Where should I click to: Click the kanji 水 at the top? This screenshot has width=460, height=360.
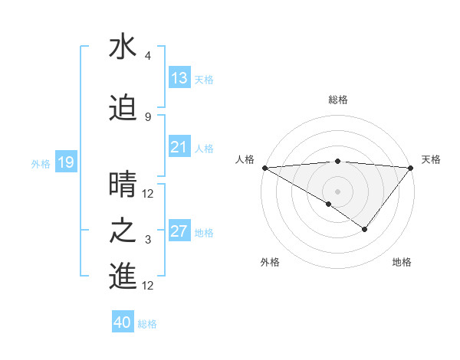123,47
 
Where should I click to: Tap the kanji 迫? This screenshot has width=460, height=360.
123,108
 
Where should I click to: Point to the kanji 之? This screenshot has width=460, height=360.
123,231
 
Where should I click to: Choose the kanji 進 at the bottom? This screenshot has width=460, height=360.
123,277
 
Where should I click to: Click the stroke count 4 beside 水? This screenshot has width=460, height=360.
147,56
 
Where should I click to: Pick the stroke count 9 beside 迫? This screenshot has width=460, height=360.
147,116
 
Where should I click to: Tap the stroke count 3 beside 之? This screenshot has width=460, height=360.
147,240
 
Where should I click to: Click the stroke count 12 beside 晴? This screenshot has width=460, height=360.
149,194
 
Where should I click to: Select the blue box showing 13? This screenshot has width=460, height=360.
179,78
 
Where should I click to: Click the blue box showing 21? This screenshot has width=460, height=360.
179,147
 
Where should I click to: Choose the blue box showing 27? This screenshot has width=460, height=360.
179,231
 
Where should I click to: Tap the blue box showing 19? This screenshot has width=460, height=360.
65,162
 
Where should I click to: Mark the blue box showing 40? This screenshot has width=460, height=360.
123,322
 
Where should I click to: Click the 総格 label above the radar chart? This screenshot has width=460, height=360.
337,100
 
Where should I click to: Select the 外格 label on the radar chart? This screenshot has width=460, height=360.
269,262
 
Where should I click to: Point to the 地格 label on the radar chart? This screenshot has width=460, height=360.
402,262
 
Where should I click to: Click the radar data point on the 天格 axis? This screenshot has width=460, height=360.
411,168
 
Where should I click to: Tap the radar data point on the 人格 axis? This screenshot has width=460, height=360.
264,168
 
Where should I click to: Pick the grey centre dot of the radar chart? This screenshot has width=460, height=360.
337,191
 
